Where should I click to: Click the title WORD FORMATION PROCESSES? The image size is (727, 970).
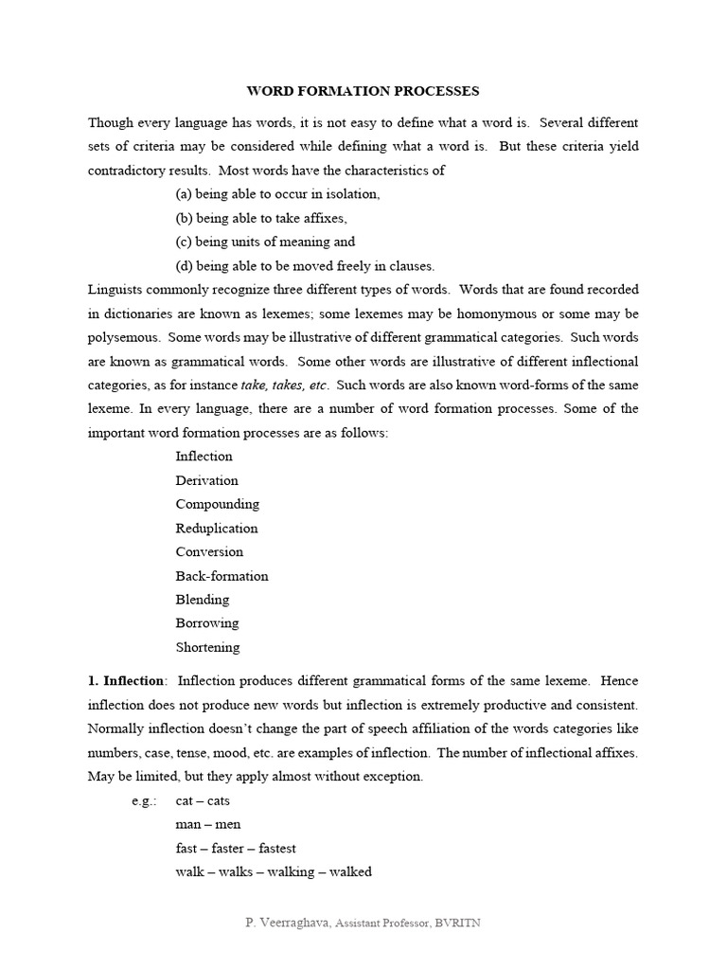[363, 91]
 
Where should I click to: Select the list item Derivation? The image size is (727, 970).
[206, 480]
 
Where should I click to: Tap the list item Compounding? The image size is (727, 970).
[217, 504]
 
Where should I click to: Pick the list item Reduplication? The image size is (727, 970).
[216, 528]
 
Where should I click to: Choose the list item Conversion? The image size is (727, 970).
[209, 551]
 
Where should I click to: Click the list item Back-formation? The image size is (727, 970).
[222, 576]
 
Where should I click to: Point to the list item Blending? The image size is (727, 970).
[202, 600]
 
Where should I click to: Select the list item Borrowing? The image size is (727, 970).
[206, 623]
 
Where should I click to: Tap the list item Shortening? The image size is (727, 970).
[207, 648]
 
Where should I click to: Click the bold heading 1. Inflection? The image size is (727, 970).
[127, 681]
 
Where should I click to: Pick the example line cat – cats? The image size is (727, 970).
[203, 800]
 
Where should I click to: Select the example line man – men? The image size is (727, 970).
[207, 824]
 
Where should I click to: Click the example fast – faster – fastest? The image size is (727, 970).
[236, 848]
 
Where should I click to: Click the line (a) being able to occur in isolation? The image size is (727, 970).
[277, 194]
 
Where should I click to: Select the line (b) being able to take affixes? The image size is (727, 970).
[268, 218]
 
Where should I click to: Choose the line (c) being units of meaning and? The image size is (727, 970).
[265, 242]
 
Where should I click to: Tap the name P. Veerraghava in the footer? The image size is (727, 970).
[285, 923]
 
